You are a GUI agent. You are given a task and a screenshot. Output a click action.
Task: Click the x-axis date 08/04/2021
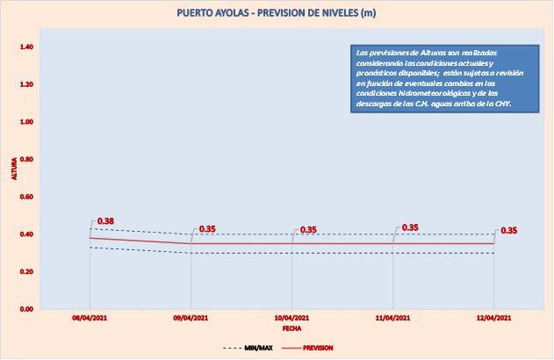90,318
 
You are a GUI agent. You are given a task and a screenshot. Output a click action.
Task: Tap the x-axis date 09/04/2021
191,318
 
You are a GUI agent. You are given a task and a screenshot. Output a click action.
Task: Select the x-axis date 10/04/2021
291,318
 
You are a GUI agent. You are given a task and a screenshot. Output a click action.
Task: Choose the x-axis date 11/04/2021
392,318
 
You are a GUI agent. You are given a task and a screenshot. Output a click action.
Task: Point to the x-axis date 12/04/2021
493,318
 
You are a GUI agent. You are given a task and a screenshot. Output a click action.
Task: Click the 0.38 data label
105,220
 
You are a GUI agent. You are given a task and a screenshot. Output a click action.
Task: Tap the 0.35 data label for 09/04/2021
207,229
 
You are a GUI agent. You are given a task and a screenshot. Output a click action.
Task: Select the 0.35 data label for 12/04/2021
508,231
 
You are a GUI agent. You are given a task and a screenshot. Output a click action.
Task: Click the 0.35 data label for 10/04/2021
308,230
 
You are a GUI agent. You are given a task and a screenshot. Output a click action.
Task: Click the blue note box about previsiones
438,78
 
